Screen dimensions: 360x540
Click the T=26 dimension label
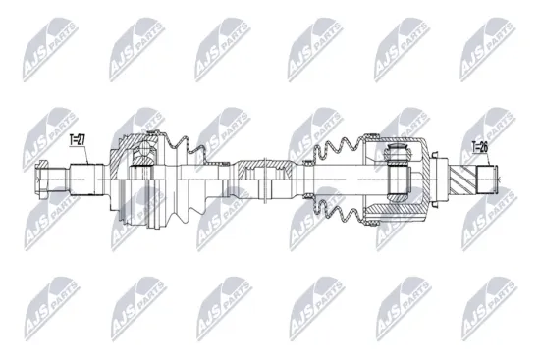[x=479, y=148]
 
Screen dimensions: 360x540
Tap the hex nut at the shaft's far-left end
[x=45, y=180]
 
